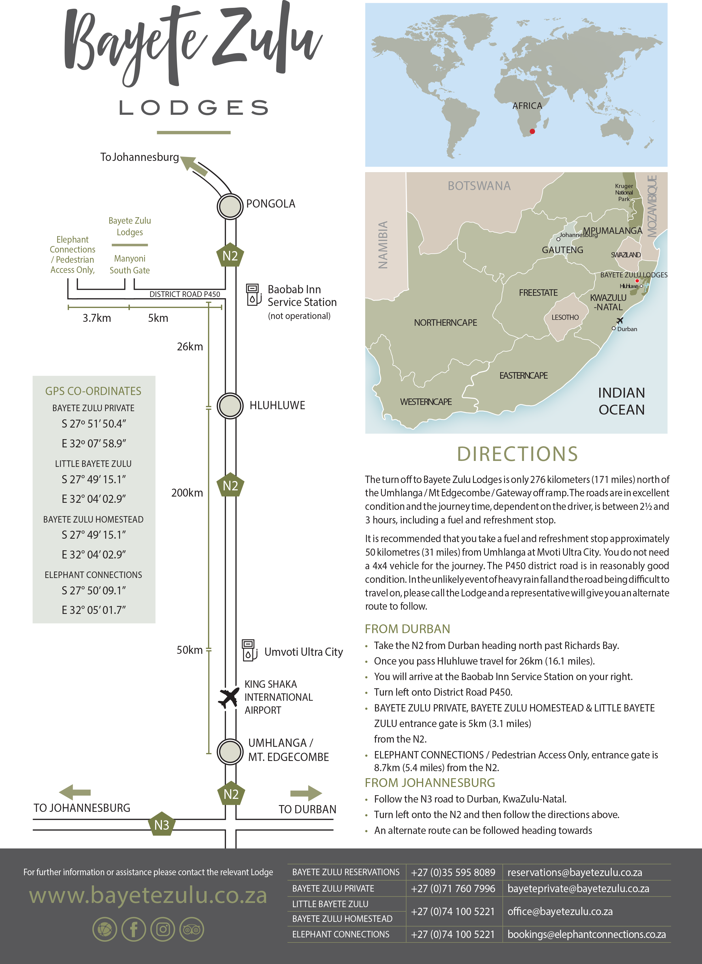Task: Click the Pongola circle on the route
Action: tap(230, 206)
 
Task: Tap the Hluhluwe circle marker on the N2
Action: tap(230, 406)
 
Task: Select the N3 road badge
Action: tap(162, 825)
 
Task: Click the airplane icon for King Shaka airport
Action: tap(228, 698)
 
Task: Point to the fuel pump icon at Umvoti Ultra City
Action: tap(249, 650)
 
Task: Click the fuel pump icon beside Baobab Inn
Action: tap(254, 295)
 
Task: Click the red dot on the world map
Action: tap(532, 131)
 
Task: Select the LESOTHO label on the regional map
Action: tap(565, 318)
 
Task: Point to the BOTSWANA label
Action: tap(479, 186)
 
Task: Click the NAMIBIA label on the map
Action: tap(383, 245)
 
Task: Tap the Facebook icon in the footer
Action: tap(134, 930)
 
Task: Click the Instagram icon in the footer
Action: tap(162, 930)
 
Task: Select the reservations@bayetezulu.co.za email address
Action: tap(574, 873)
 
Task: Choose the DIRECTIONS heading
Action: tap(517, 454)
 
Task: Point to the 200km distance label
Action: tap(187, 493)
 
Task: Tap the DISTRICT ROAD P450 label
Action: tap(185, 294)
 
